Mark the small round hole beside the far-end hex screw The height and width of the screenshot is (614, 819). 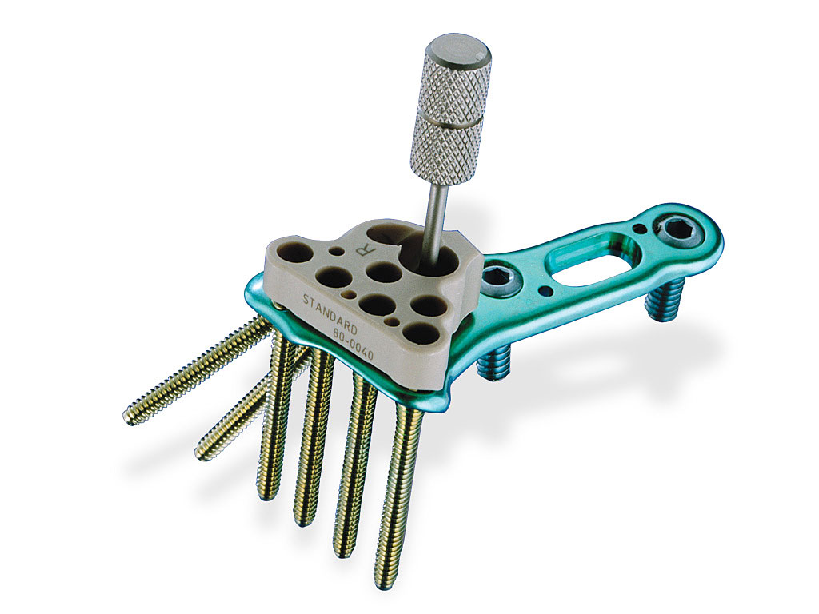[638, 229]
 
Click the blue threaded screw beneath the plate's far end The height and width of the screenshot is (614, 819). [662, 302]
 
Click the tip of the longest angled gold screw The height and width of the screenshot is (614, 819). [131, 417]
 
